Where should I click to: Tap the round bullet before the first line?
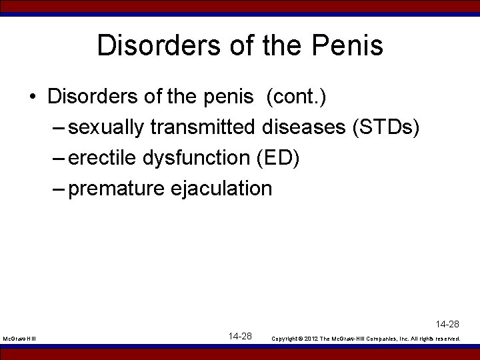point(32,97)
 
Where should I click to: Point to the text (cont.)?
point(295,97)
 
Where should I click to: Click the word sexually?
point(106,127)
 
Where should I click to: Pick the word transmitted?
point(203,127)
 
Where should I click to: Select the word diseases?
point(304,127)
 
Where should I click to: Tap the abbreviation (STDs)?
point(385,127)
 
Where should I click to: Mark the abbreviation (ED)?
point(278,158)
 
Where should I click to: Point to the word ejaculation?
point(222,189)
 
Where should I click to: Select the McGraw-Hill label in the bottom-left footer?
point(19,339)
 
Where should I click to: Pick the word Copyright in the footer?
point(287,339)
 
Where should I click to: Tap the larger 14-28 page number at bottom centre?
point(240,336)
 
